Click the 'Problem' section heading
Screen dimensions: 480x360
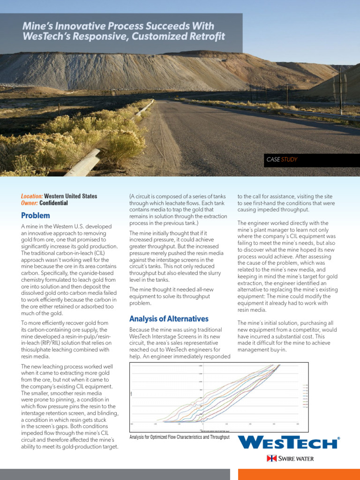click(x=36, y=216)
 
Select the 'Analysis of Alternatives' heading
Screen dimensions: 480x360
click(x=169, y=319)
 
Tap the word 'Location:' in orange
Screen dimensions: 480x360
click(x=32, y=196)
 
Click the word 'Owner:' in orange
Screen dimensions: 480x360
click(x=30, y=203)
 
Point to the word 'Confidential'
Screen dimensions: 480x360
click(x=53, y=203)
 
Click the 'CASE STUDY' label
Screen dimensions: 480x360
click(x=282, y=160)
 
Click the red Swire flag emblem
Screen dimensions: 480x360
click(x=270, y=458)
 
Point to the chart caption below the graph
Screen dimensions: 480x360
click(x=180, y=437)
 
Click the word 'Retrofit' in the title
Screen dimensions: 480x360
click(x=204, y=37)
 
